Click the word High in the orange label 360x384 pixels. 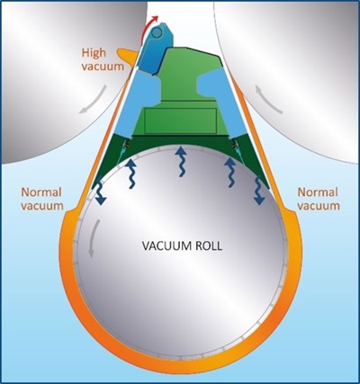point(94,52)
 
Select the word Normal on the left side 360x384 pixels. point(37,192)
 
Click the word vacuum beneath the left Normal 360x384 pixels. point(37,206)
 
